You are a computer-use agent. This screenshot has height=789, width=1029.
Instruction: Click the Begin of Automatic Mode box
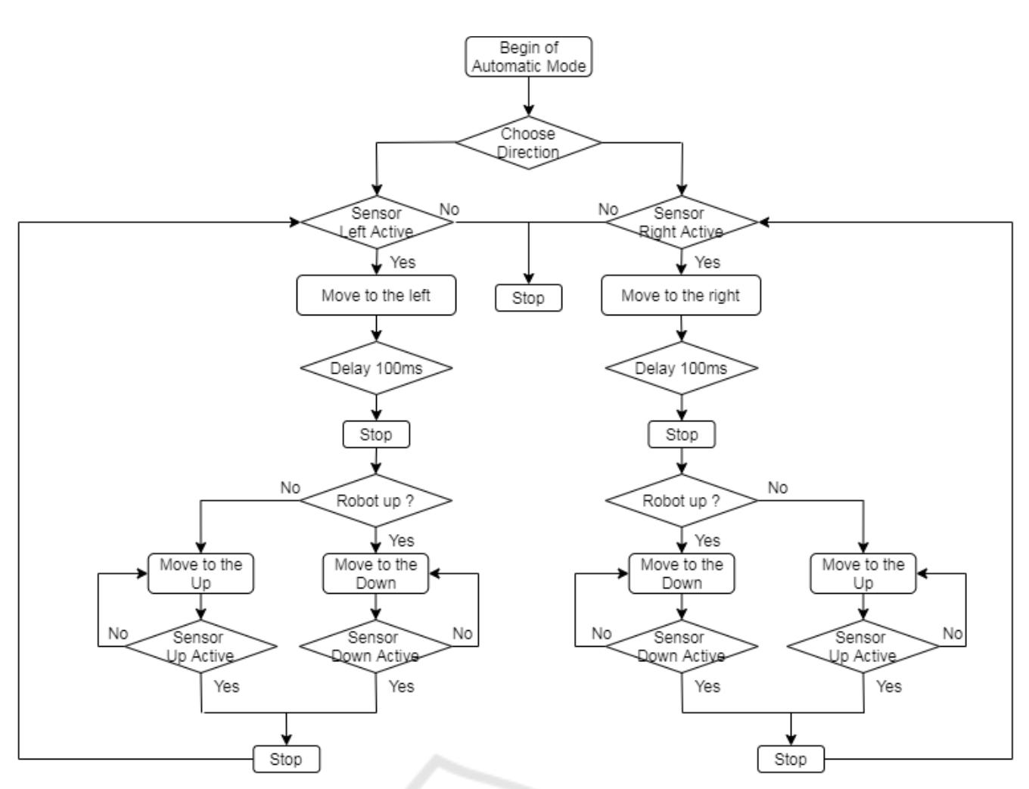point(528,57)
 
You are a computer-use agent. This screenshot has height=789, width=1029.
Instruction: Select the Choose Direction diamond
point(528,142)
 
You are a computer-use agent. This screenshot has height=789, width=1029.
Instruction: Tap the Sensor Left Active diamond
point(376,222)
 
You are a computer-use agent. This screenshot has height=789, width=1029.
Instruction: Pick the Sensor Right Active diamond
point(681,222)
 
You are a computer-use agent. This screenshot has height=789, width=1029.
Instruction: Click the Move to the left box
point(376,295)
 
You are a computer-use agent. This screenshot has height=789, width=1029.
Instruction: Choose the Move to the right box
point(680,295)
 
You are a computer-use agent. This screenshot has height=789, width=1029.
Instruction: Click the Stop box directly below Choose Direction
point(528,298)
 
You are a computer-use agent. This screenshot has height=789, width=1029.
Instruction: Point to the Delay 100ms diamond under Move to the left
point(376,368)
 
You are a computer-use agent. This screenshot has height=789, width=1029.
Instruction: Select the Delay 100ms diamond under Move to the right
point(681,368)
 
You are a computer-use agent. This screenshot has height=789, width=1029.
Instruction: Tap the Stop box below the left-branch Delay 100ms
point(376,435)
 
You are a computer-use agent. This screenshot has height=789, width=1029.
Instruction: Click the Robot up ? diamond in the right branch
point(681,501)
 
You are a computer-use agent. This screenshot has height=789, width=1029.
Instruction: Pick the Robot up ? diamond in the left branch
point(376,501)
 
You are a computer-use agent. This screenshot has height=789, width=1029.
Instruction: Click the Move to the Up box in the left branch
point(201,574)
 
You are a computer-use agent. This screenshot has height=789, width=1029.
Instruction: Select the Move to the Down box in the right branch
point(681,574)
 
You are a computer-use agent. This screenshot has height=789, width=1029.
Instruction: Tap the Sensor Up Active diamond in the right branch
point(863,647)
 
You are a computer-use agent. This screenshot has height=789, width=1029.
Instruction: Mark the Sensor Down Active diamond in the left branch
point(376,647)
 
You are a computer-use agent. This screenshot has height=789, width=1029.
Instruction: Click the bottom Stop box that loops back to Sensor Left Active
point(286,759)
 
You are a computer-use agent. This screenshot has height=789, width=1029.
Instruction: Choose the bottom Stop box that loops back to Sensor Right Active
point(791,759)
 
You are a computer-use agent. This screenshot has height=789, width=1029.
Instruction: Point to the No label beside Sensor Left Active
point(449,210)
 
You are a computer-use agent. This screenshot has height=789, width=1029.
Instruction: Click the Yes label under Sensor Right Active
point(707,262)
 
